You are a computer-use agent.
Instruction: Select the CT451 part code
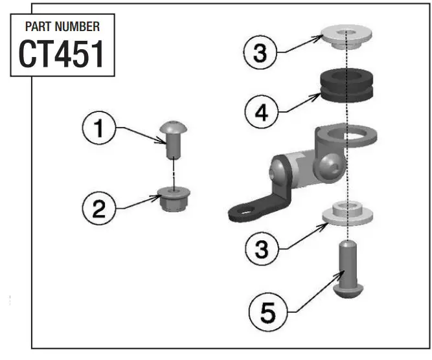coord(62,54)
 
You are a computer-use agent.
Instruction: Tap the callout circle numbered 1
coord(98,128)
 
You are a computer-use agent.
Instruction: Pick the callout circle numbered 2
coord(98,208)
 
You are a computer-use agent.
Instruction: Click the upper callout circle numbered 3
coord(259,53)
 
